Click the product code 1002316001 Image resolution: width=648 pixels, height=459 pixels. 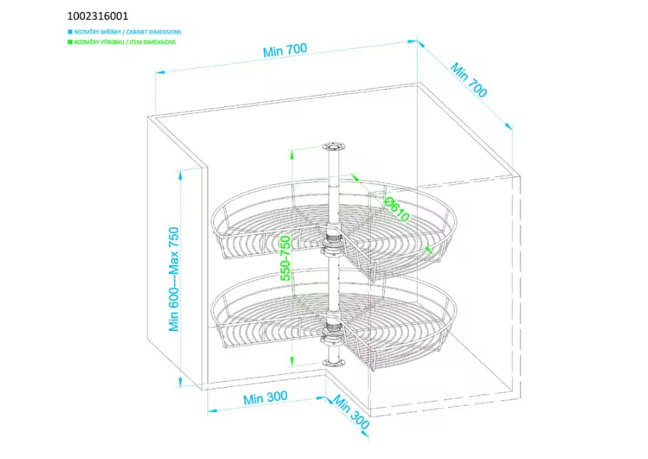click(98, 16)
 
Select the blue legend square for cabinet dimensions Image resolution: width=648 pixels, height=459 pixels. click(70, 31)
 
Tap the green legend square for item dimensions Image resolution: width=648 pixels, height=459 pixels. click(70, 42)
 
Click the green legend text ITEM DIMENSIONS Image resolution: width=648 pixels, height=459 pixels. click(153, 42)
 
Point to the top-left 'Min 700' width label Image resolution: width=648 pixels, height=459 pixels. click(285, 50)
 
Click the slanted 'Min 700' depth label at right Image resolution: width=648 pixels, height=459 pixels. click(468, 80)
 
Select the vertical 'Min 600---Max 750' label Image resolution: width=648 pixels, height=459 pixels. click(174, 279)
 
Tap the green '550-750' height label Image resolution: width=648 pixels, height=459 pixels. click(285, 258)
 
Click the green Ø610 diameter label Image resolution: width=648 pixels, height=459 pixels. click(397, 209)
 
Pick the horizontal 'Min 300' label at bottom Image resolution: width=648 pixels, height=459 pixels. click(265, 398)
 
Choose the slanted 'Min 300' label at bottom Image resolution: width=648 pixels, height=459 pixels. click(351, 412)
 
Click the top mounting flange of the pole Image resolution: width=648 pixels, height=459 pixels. click(334, 147)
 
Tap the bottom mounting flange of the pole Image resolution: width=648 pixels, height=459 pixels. click(334, 363)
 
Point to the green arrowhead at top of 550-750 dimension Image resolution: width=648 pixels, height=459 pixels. click(292, 155)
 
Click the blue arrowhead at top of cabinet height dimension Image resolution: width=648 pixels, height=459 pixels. click(180, 175)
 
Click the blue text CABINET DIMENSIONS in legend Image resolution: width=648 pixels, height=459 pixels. click(153, 32)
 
